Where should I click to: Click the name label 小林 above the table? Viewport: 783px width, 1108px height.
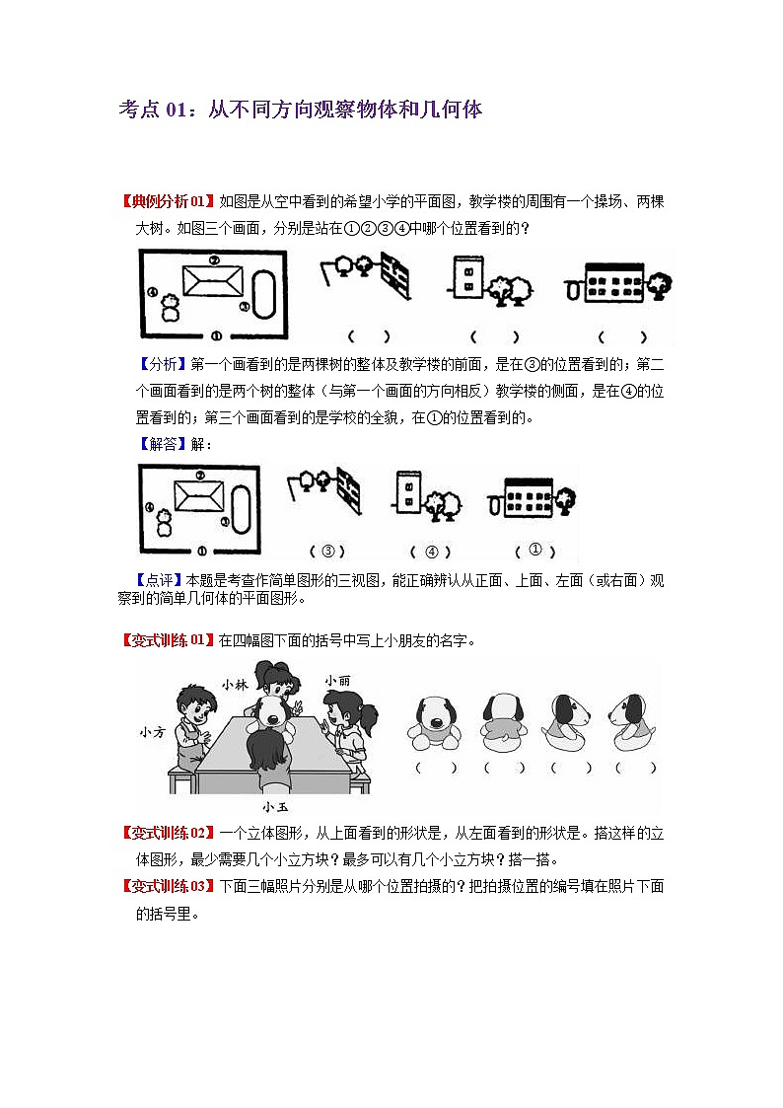(x=234, y=684)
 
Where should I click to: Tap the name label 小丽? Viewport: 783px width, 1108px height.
(x=336, y=680)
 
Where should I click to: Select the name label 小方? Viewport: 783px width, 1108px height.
(x=152, y=732)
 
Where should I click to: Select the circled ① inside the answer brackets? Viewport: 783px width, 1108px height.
(x=535, y=550)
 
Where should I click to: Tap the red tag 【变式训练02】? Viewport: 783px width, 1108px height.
(x=165, y=833)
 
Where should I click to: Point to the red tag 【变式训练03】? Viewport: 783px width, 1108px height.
(x=165, y=886)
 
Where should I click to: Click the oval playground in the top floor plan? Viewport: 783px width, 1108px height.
(x=265, y=291)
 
